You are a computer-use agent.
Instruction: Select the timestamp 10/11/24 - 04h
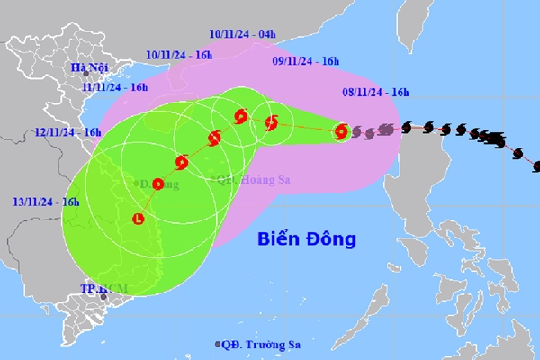pos(241,35)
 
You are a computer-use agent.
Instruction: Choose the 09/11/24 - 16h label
pos(306,61)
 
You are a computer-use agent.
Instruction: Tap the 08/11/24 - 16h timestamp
pos(376,92)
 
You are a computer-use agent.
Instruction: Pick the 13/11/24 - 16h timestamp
pos(47,202)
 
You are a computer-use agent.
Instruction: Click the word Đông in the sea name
pos(331,239)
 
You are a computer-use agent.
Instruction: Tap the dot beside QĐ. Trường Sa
pos(218,345)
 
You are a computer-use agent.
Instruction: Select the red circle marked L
pos(138,219)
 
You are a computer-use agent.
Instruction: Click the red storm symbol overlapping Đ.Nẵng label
pos(158,184)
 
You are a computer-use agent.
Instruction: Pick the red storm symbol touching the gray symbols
pos(340,132)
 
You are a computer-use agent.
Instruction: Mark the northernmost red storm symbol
pos(240,115)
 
